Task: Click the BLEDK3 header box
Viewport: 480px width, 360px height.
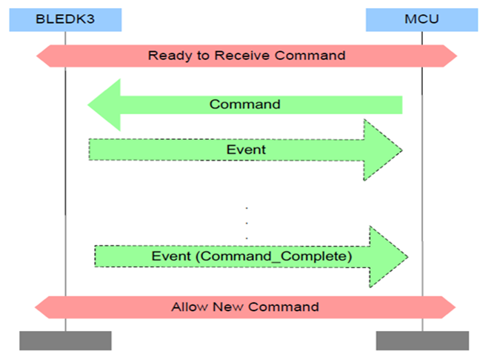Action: pos(65,20)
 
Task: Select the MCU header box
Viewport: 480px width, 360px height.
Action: pos(421,20)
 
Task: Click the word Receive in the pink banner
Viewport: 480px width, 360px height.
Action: pos(242,56)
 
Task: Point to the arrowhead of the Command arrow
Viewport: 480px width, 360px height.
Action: pos(104,105)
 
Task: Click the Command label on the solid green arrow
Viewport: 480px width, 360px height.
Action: pos(245,104)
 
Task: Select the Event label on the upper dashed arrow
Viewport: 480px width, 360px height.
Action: pos(246,150)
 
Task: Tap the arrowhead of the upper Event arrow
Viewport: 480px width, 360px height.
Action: pos(383,150)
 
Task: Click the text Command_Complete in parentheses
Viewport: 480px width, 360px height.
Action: pos(274,256)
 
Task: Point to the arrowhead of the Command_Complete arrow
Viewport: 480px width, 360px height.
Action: pos(389,256)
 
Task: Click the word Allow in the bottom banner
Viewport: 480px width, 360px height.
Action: pos(190,307)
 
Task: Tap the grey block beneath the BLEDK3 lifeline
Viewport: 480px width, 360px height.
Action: pos(65,341)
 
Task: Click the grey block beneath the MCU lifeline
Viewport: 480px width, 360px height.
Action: pos(422,341)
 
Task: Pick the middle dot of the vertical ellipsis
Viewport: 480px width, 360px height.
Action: pos(247,223)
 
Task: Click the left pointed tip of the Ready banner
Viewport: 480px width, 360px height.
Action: pos(36,56)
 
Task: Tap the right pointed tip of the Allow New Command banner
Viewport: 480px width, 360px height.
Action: pos(456,307)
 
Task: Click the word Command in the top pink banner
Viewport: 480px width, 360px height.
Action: pos(310,56)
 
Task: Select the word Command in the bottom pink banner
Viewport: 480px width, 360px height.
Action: pos(284,307)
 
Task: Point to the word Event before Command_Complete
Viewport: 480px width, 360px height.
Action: pos(171,256)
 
